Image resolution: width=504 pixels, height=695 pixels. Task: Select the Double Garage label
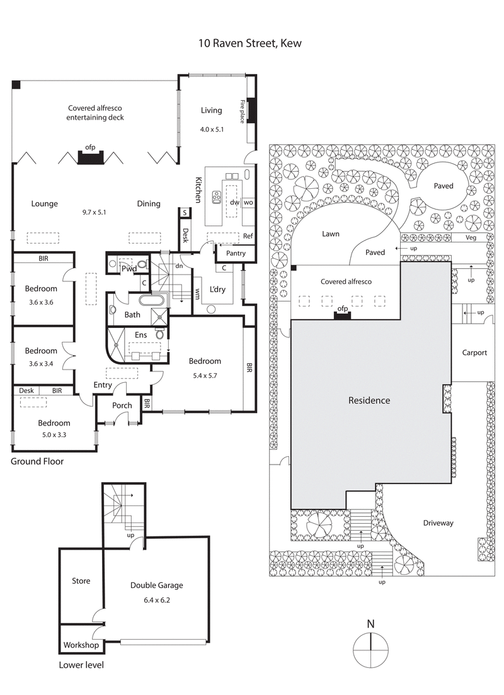point(157,585)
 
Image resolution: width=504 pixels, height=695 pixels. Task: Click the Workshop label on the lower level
point(81,645)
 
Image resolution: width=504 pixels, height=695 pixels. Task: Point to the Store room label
point(81,581)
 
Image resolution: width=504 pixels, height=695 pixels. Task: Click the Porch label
point(122,405)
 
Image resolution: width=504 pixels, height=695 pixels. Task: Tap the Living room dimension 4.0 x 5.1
point(212,130)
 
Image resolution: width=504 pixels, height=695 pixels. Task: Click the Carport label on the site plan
point(474,353)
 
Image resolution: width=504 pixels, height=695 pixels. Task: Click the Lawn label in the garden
point(330,234)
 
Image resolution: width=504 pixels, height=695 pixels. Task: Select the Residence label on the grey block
point(369,400)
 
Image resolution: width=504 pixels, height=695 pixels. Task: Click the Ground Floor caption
point(37,461)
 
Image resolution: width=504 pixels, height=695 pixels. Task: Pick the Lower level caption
point(81,665)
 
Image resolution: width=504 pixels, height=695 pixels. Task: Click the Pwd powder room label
point(129,268)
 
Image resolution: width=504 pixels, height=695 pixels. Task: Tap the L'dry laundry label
point(218,290)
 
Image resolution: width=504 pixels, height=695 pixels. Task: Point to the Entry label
point(103,385)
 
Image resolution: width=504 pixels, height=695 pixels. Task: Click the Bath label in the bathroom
point(132,314)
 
